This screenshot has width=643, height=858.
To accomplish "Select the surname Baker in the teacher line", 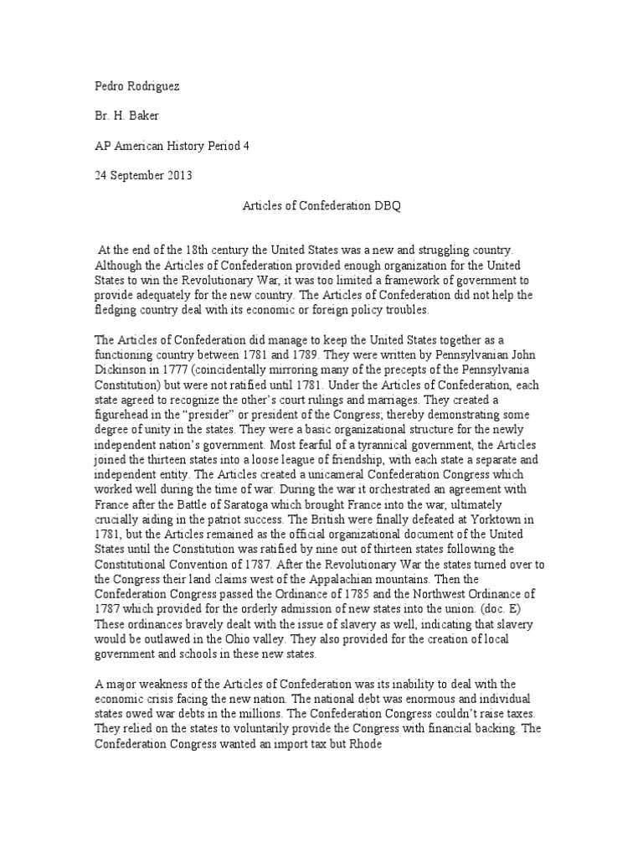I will click(154, 116).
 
